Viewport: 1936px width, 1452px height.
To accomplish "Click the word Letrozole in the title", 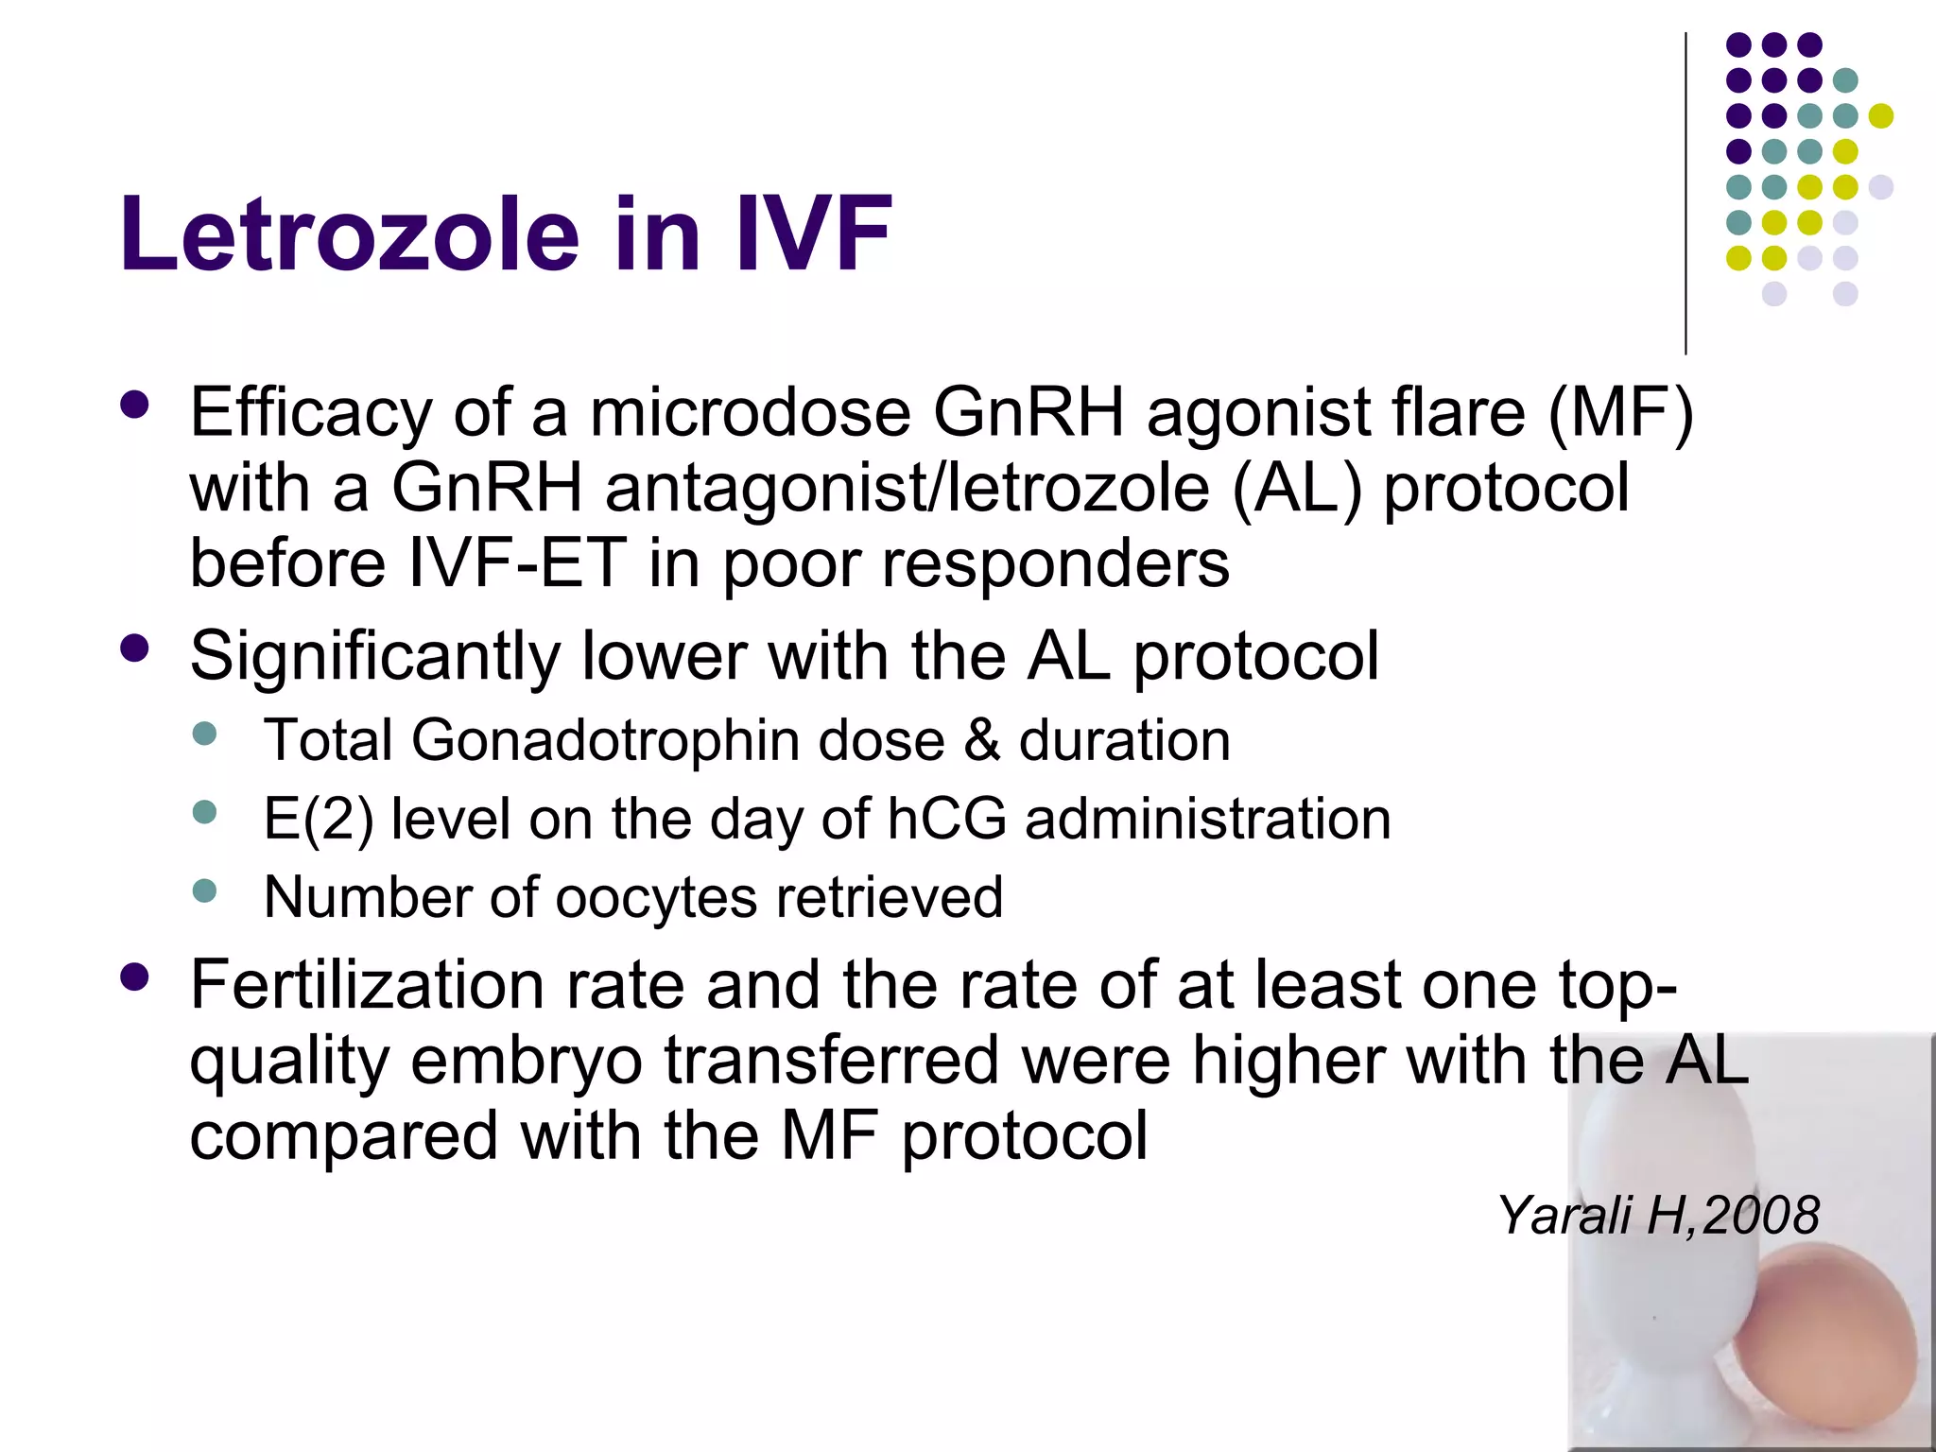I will click(349, 234).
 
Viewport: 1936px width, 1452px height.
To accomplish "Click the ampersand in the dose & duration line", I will click(982, 740).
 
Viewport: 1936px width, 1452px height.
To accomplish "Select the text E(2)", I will click(318, 819).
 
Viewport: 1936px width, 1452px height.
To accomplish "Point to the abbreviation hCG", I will click(947, 819).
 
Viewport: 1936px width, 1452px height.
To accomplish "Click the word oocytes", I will click(656, 897).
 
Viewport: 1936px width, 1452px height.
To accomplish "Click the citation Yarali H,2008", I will click(1658, 1215).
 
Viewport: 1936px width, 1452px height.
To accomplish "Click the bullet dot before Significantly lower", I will click(135, 648).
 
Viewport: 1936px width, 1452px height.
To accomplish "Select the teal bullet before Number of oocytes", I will click(204, 890).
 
